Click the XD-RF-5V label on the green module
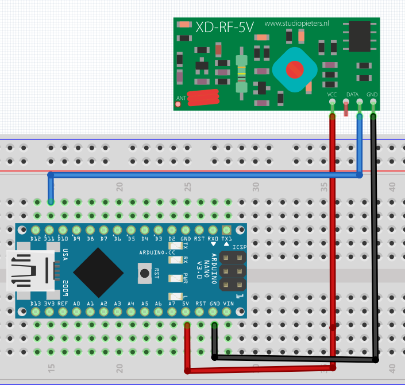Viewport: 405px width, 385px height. [x=225, y=27]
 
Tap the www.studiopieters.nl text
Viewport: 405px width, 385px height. [x=296, y=24]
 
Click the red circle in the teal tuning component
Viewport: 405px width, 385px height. [x=295, y=69]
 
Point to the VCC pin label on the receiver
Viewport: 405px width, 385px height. [x=332, y=94]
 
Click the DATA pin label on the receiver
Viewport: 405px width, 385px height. [x=352, y=94]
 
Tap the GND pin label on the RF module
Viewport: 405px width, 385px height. [x=372, y=94]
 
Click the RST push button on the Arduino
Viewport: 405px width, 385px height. [x=145, y=271]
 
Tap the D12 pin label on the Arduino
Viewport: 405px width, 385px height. [x=36, y=238]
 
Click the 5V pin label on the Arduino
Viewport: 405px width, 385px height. [x=186, y=303]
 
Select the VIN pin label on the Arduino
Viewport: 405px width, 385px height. [x=228, y=303]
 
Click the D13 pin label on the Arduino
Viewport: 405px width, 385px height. [x=36, y=303]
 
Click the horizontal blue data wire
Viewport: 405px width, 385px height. [x=201, y=175]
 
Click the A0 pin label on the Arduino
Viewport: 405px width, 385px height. [x=77, y=303]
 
